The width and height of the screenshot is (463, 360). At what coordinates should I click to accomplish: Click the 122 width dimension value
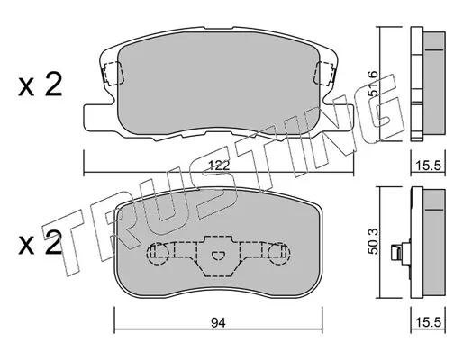[219, 166]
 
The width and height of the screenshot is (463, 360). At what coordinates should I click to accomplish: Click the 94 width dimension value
[218, 323]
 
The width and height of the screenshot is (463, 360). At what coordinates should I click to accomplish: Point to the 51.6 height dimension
[373, 84]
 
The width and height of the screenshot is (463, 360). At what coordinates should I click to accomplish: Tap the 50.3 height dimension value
[373, 241]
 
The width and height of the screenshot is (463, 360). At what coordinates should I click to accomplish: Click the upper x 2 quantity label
[40, 85]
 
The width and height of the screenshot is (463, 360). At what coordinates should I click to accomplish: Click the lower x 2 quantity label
[40, 244]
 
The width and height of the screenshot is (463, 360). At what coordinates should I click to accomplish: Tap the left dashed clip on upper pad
[113, 73]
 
